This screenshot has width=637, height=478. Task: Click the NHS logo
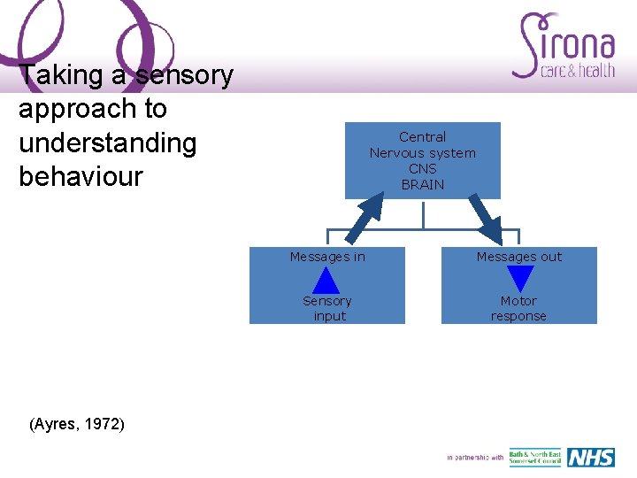tap(590, 458)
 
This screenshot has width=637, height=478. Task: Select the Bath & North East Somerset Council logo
tap(534, 458)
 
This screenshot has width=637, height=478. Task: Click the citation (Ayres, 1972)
tap(77, 425)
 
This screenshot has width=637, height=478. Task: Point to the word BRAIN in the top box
tap(423, 185)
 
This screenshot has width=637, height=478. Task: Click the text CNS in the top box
tap(423, 169)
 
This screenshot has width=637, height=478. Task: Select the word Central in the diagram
tap(423, 137)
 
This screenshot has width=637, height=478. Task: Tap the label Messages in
tap(327, 257)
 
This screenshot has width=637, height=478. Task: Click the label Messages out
tap(519, 257)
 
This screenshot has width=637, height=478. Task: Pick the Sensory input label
tap(327, 309)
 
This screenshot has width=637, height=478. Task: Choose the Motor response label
tap(519, 309)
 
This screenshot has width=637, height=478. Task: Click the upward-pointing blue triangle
tap(327, 281)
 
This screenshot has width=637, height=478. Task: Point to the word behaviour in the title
tap(81, 176)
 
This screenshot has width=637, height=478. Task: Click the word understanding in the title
tap(107, 143)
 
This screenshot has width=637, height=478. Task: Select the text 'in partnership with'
tap(475, 458)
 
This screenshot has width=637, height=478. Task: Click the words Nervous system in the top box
tap(423, 153)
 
